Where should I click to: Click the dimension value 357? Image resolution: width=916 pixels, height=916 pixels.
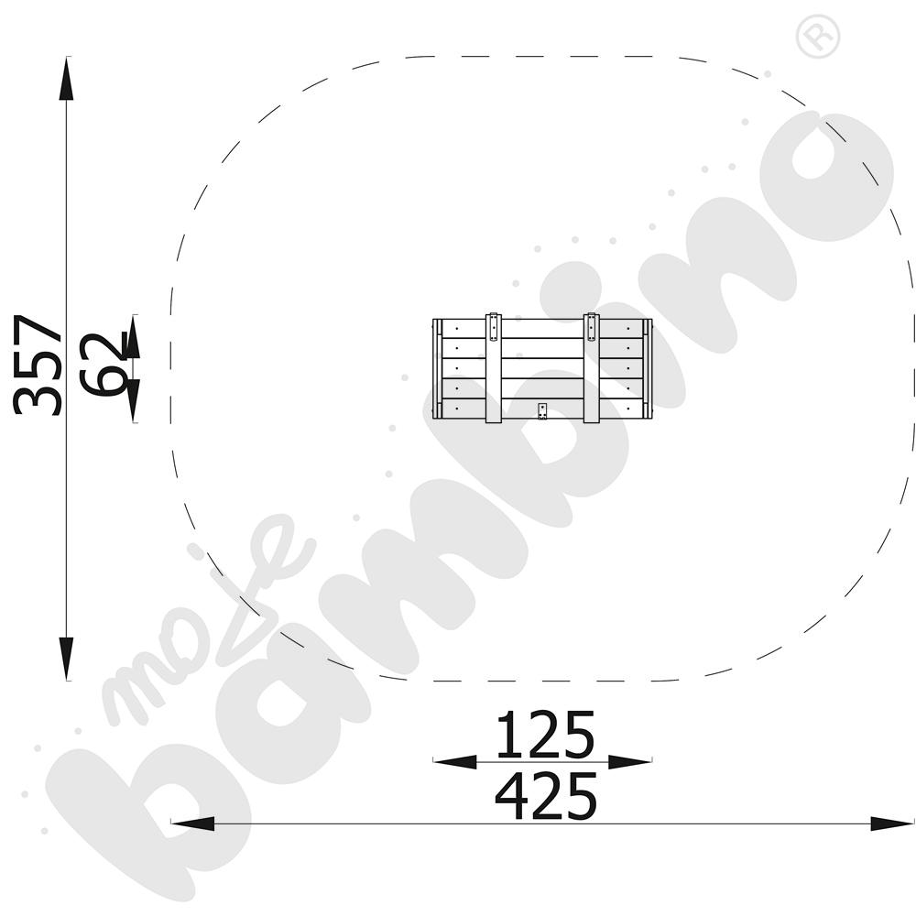(x=38, y=365)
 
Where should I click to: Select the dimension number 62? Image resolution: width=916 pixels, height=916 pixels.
(x=104, y=365)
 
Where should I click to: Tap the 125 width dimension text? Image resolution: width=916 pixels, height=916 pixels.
(x=545, y=735)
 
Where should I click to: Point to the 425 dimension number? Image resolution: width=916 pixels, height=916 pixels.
(x=546, y=796)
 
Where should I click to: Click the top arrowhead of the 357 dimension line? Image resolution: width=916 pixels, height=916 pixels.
(x=67, y=79)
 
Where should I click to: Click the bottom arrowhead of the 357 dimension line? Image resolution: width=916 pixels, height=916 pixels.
(x=67, y=659)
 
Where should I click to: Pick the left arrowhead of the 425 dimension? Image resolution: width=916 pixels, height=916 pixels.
(x=192, y=823)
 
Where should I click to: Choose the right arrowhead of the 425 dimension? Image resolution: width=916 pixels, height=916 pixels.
(x=892, y=823)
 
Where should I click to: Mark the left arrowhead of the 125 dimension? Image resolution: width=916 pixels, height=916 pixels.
(x=455, y=762)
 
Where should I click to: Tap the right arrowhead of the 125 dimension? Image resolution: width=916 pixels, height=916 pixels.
(x=630, y=762)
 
